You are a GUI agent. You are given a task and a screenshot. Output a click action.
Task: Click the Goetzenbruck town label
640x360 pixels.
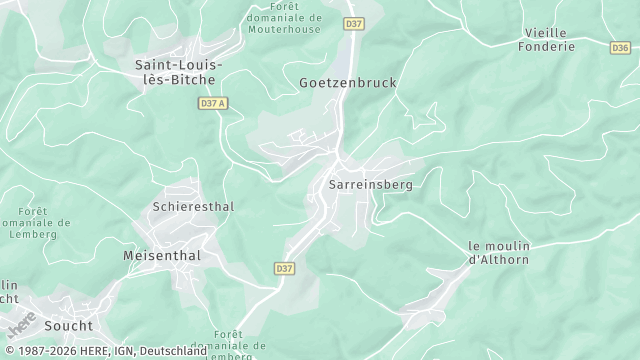point(348,83)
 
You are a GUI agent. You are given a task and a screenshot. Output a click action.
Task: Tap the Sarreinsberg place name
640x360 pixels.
point(370,185)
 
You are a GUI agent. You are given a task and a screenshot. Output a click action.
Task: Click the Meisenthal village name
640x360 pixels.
point(162,256)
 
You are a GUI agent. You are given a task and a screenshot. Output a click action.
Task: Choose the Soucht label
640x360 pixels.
point(68,325)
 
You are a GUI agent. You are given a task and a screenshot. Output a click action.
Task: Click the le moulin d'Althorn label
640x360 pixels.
point(499,253)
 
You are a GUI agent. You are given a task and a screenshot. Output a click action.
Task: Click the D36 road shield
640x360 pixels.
point(620,47)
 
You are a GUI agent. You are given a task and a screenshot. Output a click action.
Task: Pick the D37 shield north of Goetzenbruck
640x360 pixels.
point(354,22)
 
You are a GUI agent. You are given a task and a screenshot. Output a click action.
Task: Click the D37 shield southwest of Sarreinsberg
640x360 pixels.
point(284,268)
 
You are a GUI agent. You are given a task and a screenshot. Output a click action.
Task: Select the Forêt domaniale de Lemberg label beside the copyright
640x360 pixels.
point(240,343)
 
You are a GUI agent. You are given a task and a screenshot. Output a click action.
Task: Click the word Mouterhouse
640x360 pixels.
point(285,30)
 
